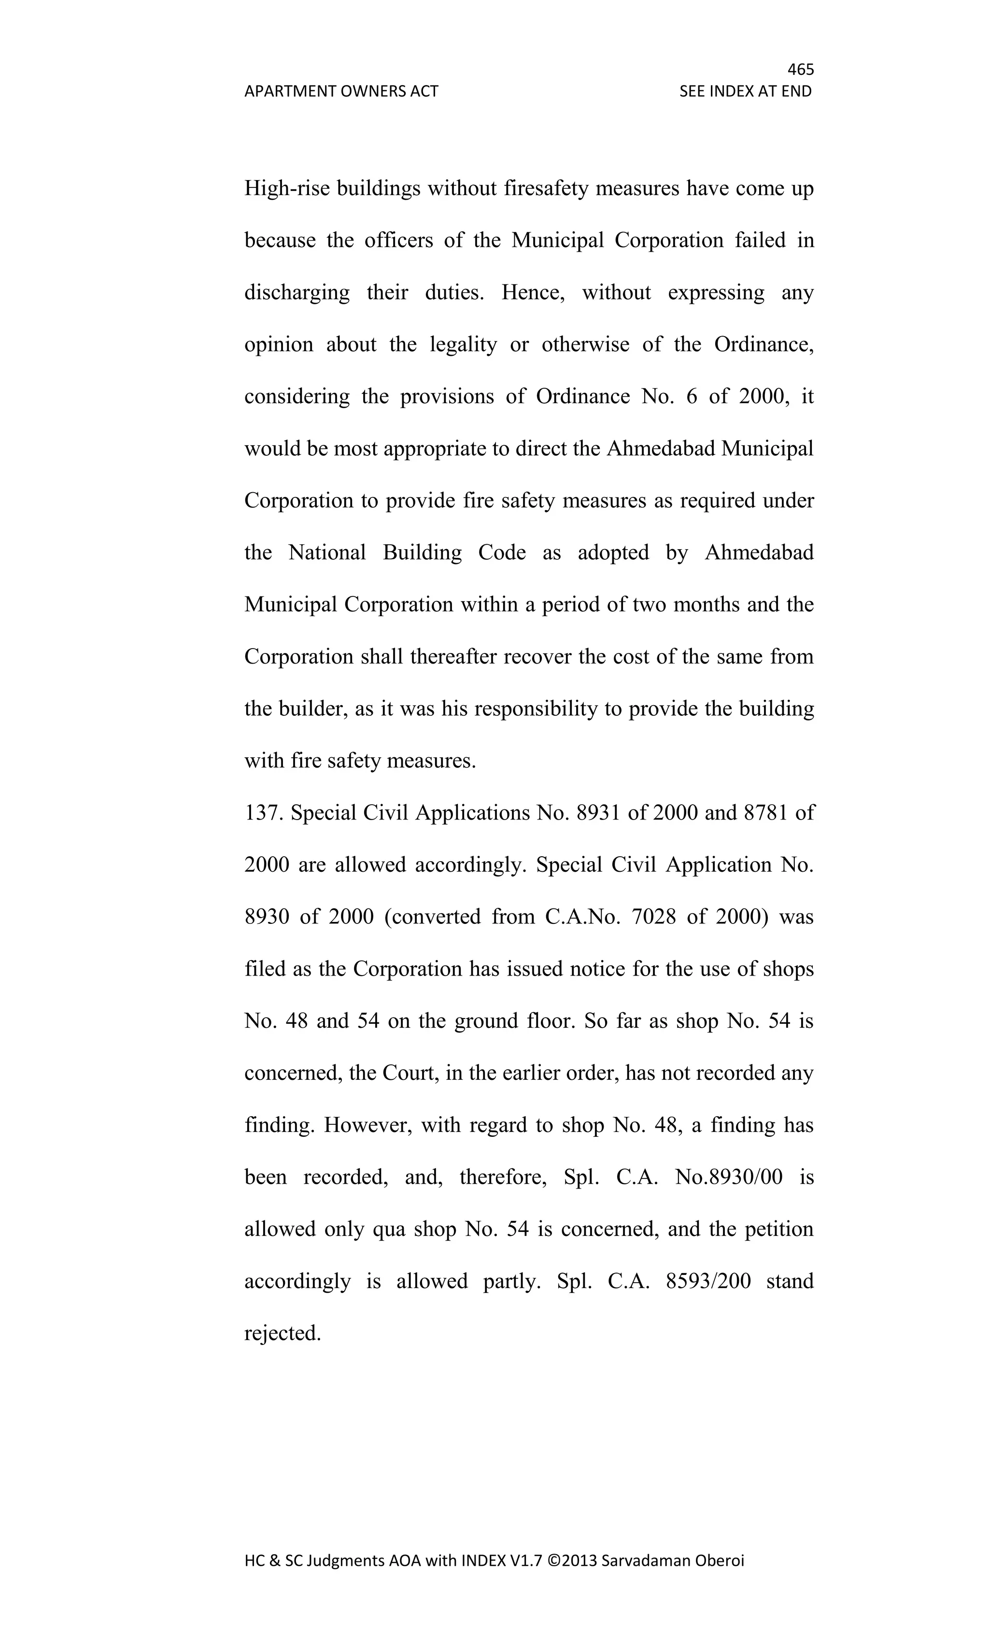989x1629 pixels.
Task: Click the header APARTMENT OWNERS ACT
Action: pos(341,91)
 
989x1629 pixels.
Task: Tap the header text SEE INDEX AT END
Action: pos(745,91)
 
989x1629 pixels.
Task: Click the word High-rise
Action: pos(287,189)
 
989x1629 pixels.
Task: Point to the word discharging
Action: pos(297,293)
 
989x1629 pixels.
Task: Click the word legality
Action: pos(463,344)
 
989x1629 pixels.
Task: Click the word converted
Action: pos(432,917)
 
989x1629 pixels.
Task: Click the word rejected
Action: pos(283,1333)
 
